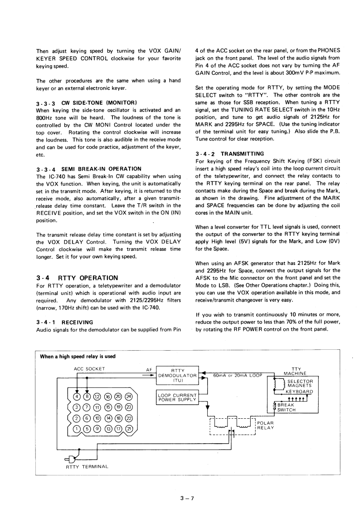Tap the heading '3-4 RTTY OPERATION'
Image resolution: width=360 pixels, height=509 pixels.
77,278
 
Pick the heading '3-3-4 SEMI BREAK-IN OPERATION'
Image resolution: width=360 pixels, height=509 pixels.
88,169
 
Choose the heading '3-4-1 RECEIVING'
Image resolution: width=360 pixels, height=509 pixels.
64,322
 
